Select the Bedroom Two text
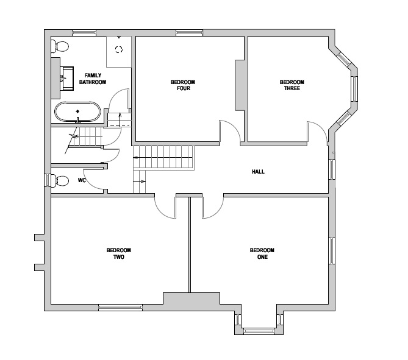point(118,253)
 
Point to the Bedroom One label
point(262,253)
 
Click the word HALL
point(258,172)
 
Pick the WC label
point(82,181)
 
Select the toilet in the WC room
point(60,180)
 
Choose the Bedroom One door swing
point(211,206)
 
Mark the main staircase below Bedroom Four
point(163,158)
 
